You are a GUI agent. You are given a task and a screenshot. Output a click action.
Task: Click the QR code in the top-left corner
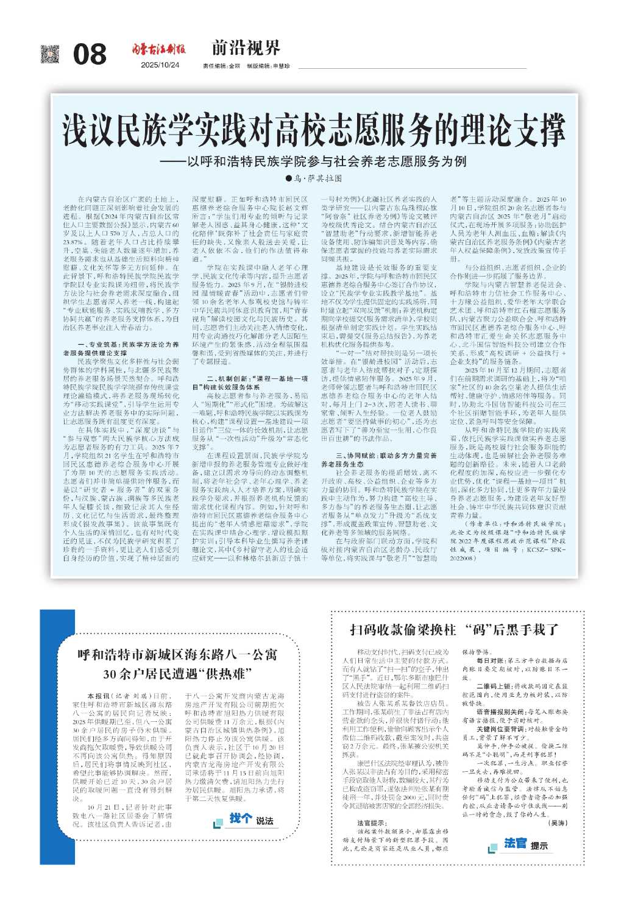click(x=51, y=54)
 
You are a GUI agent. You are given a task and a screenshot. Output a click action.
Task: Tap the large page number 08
click(x=90, y=55)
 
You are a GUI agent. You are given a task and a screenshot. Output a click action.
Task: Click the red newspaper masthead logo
click(x=160, y=49)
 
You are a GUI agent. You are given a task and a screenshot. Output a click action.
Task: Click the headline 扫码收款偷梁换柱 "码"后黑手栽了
click(x=454, y=629)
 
